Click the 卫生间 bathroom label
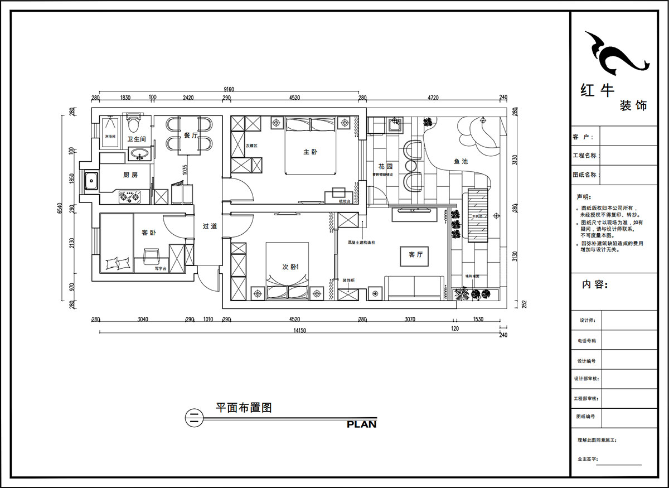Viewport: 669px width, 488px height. click(137, 139)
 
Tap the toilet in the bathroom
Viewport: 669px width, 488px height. click(133, 121)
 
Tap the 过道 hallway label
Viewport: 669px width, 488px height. click(210, 226)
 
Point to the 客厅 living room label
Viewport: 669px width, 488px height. click(416, 254)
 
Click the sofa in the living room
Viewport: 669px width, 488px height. click(415, 287)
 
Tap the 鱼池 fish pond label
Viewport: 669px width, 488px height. click(460, 161)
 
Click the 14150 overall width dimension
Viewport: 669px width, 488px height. click(299, 331)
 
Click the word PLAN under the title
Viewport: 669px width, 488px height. click(361, 424)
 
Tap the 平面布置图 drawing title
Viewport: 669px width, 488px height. click(244, 408)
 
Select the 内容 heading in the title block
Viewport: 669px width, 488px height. click(593, 284)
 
